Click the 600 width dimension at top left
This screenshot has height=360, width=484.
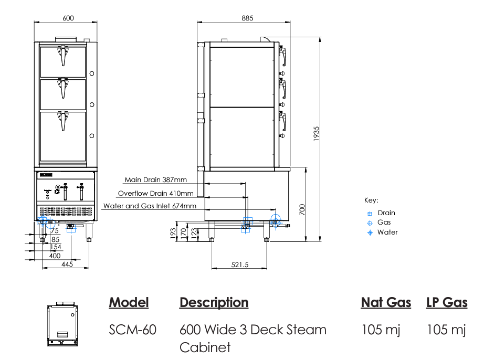68,18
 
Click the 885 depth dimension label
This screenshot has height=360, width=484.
247,18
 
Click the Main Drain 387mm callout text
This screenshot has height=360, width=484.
155,179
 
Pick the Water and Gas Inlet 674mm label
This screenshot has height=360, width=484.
150,206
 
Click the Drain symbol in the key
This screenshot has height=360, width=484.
370,214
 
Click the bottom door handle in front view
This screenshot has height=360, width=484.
64,120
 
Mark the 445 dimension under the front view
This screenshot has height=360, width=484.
67,264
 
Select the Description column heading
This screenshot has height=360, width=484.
214,303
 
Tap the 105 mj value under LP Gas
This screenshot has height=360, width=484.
446,330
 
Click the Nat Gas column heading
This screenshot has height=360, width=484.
386,303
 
